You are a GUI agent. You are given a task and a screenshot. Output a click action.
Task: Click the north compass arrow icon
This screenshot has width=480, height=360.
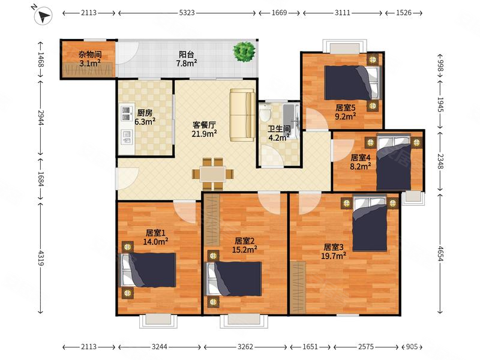click(43, 16)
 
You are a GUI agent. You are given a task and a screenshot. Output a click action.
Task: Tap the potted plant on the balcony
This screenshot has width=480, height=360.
click(244, 52)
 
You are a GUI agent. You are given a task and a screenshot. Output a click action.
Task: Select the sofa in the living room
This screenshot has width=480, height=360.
click(242, 115)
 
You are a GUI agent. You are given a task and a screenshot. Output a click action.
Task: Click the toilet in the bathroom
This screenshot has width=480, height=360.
click(265, 113)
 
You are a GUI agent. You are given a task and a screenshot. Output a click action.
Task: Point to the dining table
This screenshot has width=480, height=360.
click(213, 174)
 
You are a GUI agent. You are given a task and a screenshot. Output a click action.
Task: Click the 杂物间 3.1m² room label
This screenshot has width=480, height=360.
click(90, 59)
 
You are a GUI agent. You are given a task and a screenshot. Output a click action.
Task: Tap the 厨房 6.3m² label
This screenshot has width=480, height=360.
click(145, 117)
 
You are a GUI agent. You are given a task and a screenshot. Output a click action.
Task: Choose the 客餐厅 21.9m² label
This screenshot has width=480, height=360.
click(204, 129)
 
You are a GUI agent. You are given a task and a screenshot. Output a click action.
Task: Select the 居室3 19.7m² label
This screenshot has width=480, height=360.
click(334, 251)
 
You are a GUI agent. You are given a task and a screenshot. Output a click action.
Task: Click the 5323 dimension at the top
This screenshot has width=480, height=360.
click(187, 13)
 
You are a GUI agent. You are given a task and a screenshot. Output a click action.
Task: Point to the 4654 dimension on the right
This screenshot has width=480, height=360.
click(440, 253)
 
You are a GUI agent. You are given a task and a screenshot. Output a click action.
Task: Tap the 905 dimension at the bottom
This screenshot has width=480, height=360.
click(412, 347)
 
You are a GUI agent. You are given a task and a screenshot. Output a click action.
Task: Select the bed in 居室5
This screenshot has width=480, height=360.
click(352, 83)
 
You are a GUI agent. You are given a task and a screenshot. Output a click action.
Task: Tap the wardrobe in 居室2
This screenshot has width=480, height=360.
click(212, 220)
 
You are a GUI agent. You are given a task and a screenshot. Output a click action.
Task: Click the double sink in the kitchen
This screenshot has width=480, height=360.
click(126, 113)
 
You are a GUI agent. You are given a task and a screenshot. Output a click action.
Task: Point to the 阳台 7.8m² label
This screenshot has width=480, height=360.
click(187, 59)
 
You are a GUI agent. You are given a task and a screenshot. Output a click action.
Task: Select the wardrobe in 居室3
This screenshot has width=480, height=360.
click(298, 288)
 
